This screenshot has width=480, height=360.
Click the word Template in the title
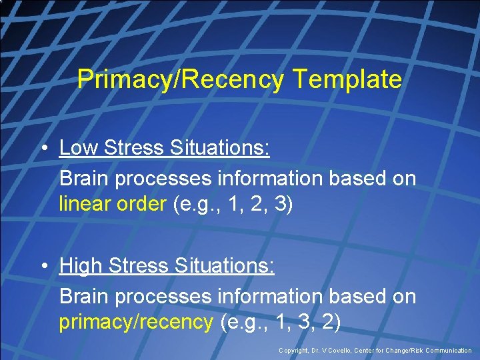coord(347,80)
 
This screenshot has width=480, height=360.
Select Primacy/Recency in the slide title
coord(180,80)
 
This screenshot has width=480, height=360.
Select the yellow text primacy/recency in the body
coord(135,323)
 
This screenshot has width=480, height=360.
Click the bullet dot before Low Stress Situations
coord(43,147)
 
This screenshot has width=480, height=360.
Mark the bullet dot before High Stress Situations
coord(43,266)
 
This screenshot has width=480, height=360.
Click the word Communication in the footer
coord(446,351)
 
